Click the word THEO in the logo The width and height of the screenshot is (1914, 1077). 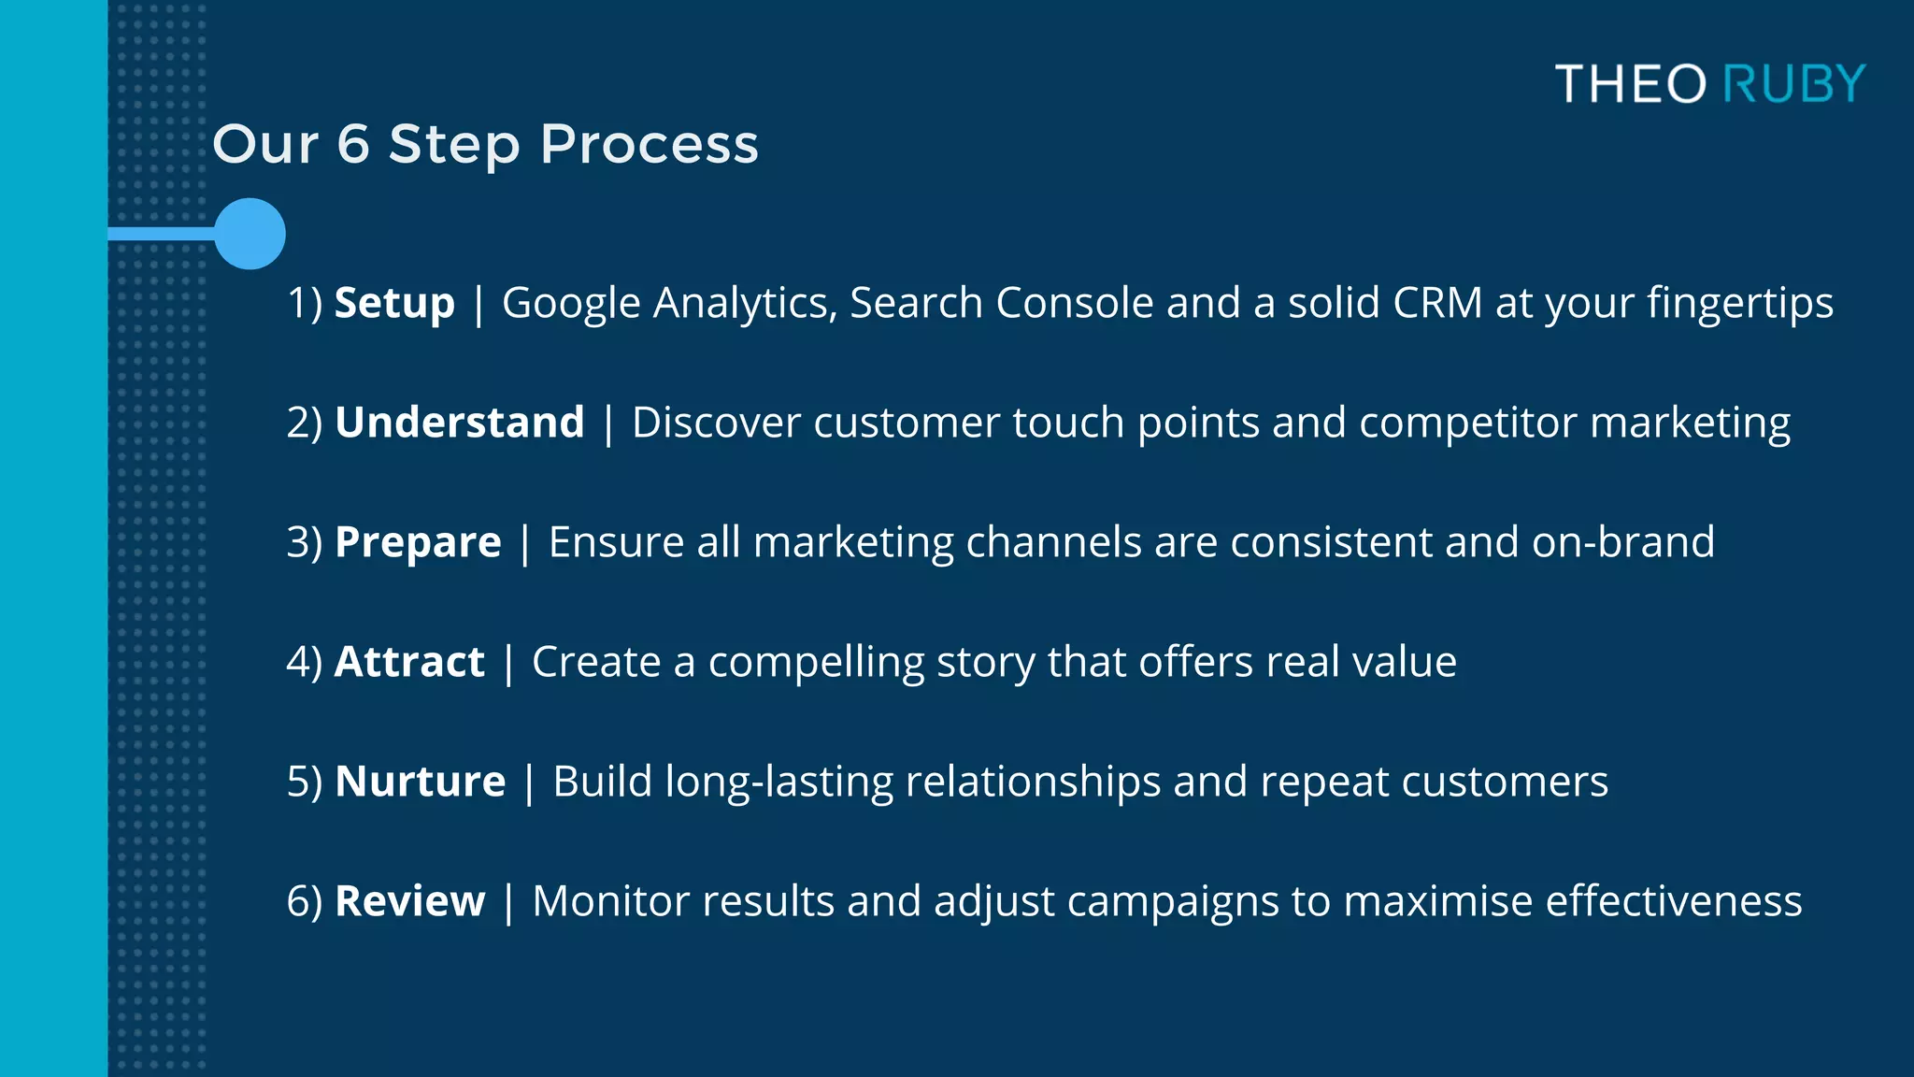(1631, 84)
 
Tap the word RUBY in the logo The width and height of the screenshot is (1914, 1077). (1793, 84)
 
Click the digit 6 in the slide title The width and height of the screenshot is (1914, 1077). (353, 145)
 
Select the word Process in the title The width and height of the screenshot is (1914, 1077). (650, 146)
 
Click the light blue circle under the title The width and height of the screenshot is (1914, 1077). (250, 234)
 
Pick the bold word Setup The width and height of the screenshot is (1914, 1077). (394, 304)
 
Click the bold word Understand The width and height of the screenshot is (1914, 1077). (460, 423)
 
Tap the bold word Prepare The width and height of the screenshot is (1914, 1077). (418, 543)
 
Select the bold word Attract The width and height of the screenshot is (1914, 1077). (409, 662)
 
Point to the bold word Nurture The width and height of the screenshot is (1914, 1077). (421, 782)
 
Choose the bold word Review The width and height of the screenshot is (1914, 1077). (410, 901)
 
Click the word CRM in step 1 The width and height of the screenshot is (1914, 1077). (1437, 303)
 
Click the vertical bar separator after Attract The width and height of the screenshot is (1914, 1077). (508, 663)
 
